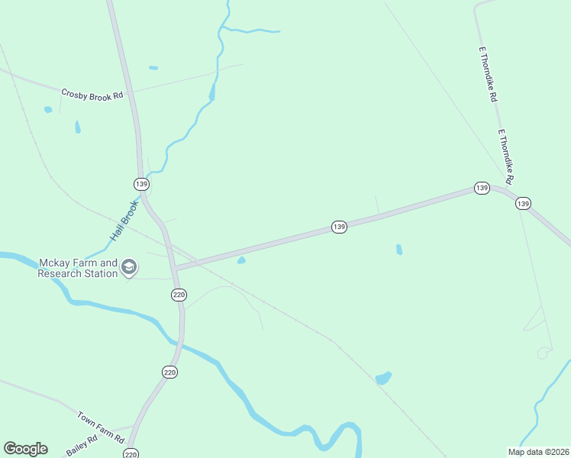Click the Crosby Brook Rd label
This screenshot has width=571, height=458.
click(x=92, y=95)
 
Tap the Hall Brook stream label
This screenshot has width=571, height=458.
click(x=123, y=221)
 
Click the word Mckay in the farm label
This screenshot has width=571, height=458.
click(x=54, y=263)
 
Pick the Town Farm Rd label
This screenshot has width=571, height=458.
click(x=101, y=427)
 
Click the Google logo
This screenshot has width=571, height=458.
click(x=25, y=449)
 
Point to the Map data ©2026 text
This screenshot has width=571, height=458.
click(x=537, y=452)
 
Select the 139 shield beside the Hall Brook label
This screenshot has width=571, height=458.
click(x=141, y=184)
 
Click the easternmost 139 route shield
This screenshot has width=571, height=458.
click(x=523, y=203)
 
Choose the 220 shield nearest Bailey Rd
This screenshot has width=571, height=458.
click(x=132, y=453)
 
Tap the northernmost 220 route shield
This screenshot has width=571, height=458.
click(x=179, y=295)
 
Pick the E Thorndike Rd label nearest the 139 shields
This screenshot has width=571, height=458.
click(x=505, y=156)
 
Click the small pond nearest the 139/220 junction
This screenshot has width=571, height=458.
click(x=241, y=261)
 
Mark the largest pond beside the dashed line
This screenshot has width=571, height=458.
click(x=383, y=378)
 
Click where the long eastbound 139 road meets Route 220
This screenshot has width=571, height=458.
click(x=175, y=269)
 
